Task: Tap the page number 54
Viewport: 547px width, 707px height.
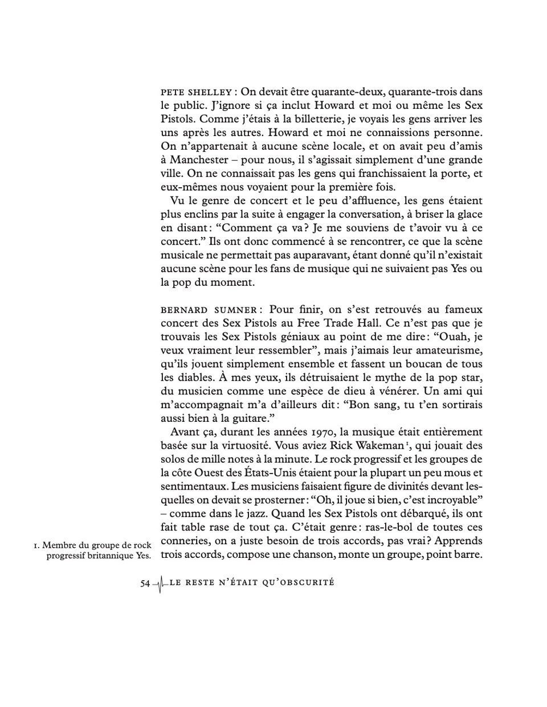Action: coord(145,583)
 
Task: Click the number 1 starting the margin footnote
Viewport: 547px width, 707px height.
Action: coord(36,546)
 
